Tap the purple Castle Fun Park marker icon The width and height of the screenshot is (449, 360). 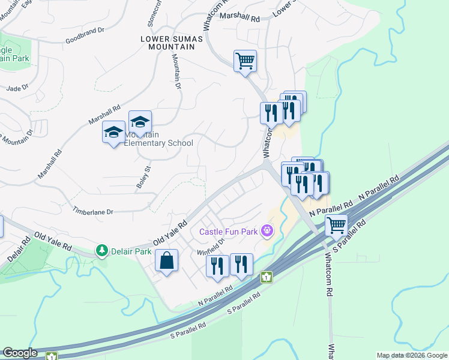[268, 230]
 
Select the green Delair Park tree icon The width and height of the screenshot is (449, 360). [103, 250]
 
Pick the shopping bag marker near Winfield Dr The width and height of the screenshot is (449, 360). [166, 260]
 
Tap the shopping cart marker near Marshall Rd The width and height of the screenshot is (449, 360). [245, 61]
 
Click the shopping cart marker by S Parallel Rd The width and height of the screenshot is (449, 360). [337, 226]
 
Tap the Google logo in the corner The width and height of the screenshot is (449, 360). [20, 353]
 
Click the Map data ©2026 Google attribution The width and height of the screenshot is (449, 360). [412, 355]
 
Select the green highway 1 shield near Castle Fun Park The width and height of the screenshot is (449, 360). [267, 278]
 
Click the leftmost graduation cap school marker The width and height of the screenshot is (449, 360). [113, 133]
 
